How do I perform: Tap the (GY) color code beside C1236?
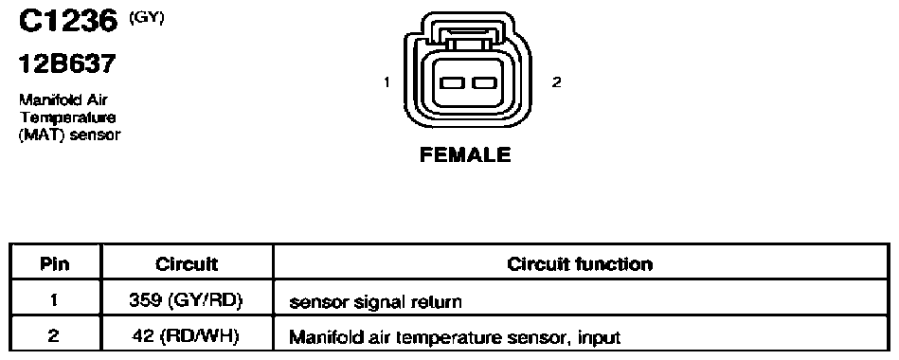pos(148,18)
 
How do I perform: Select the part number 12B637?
pos(67,64)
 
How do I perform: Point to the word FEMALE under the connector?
pos(465,154)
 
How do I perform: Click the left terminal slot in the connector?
pos(451,83)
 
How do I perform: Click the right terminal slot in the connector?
pos(484,83)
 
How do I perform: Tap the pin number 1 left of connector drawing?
pos(387,82)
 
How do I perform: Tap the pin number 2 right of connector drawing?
pos(556,82)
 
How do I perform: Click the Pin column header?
pos(55,263)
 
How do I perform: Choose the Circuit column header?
pos(187,263)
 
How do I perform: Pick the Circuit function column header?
pos(580,263)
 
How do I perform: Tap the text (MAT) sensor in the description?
pos(70,135)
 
